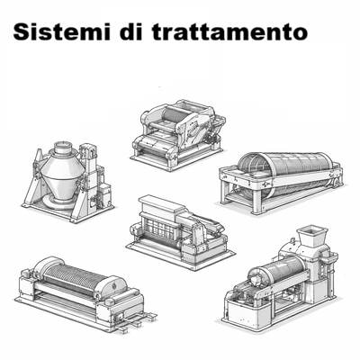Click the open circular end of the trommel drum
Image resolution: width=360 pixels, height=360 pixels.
click(254, 175)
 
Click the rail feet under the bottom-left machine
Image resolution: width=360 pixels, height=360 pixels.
click(130, 319)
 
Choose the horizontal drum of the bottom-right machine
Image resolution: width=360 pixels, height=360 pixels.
click(278, 274)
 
